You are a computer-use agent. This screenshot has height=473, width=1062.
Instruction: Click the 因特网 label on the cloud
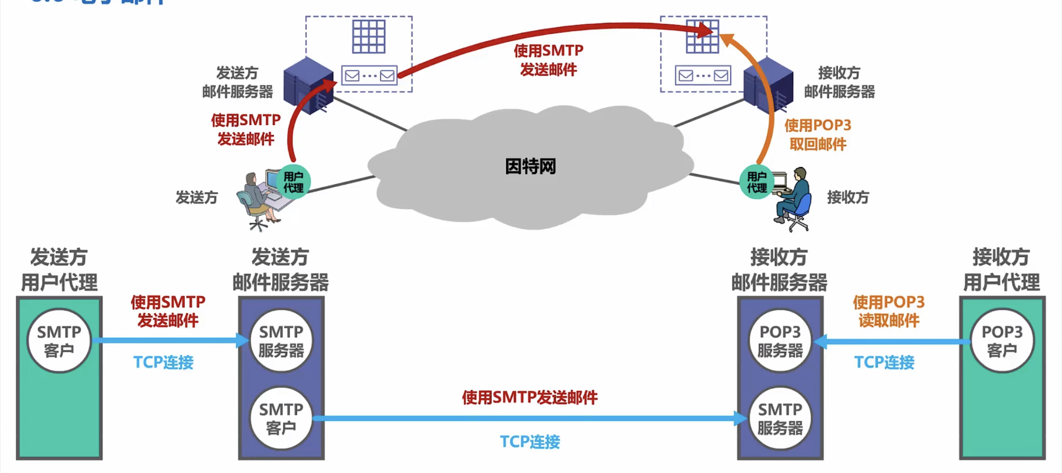tap(530, 167)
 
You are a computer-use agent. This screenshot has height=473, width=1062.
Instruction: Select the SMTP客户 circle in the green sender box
tap(59, 341)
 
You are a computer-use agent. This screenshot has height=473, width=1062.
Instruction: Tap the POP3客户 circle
tap(1002, 341)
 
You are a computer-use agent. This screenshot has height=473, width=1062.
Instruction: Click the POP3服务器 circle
tap(780, 341)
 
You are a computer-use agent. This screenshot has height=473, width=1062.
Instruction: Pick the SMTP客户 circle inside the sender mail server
tap(281, 418)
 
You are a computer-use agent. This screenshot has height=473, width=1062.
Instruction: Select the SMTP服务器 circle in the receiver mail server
tap(780, 418)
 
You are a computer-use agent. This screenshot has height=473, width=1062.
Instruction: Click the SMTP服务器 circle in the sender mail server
tap(281, 341)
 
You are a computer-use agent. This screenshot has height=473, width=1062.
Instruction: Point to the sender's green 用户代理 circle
tap(293, 182)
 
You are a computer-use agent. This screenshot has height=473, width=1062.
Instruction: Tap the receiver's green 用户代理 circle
tap(756, 182)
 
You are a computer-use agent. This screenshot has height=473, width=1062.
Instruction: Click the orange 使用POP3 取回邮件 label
tap(818, 135)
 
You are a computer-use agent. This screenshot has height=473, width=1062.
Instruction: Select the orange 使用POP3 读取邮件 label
tap(888, 311)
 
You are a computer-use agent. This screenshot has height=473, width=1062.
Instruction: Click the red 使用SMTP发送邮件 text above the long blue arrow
tap(530, 397)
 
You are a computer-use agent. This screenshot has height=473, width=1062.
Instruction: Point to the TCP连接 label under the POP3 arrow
tap(884, 362)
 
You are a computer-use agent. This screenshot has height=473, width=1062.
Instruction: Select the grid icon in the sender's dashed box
tap(369, 36)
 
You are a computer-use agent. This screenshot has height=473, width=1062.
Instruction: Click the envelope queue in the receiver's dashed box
tap(703, 75)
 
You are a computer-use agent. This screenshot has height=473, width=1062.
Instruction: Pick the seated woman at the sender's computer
tap(258, 200)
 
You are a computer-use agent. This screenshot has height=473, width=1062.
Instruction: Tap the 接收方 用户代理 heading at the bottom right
tap(1001, 270)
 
